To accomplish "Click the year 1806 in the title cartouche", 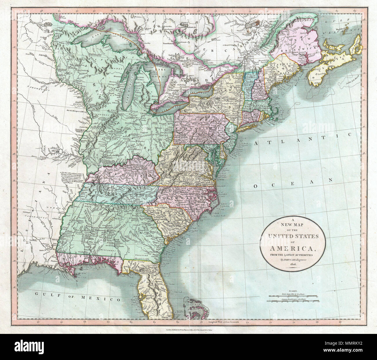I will pos(293,266).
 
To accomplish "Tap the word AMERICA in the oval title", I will pos(293,248).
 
